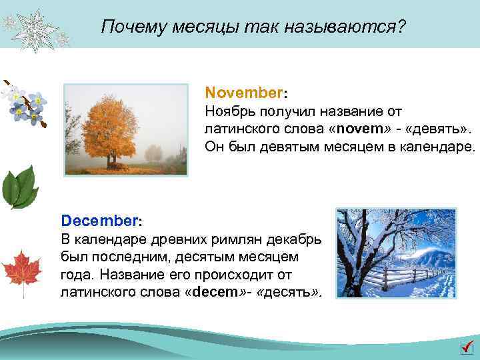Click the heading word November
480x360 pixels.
point(244,92)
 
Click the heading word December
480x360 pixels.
point(99,219)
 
